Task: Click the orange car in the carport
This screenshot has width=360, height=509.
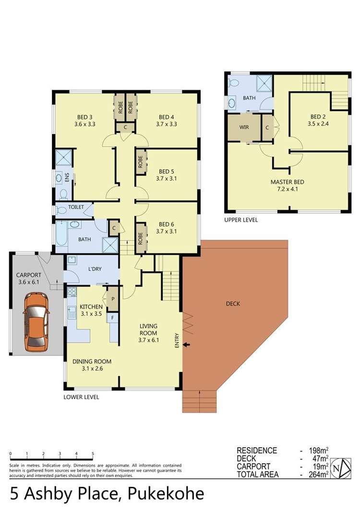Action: point(36,321)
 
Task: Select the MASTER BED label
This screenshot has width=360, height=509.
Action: point(287,182)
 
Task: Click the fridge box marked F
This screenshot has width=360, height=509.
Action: point(113,317)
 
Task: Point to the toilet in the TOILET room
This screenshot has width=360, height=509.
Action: point(61,210)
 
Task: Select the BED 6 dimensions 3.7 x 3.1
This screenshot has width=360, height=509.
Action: point(166,231)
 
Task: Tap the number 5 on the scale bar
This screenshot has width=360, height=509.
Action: point(93,453)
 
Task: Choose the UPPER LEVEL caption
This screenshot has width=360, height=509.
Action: point(241,220)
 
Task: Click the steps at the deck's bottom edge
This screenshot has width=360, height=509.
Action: point(199,401)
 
